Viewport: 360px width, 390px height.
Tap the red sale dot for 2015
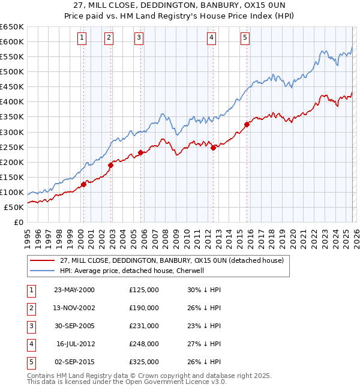[x=247, y=125]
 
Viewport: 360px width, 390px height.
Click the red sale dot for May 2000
[x=83, y=184]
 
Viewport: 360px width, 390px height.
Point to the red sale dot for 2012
[x=213, y=148]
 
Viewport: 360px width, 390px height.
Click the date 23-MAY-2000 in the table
[x=74, y=290]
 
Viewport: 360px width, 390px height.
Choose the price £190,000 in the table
[x=144, y=308]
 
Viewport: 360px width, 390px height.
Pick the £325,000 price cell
[x=144, y=362]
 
